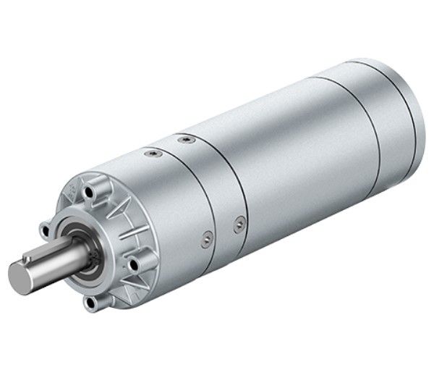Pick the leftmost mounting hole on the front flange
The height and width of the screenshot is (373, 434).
tap(45, 230)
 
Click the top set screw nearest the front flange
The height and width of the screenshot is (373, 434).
tap(152, 154)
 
